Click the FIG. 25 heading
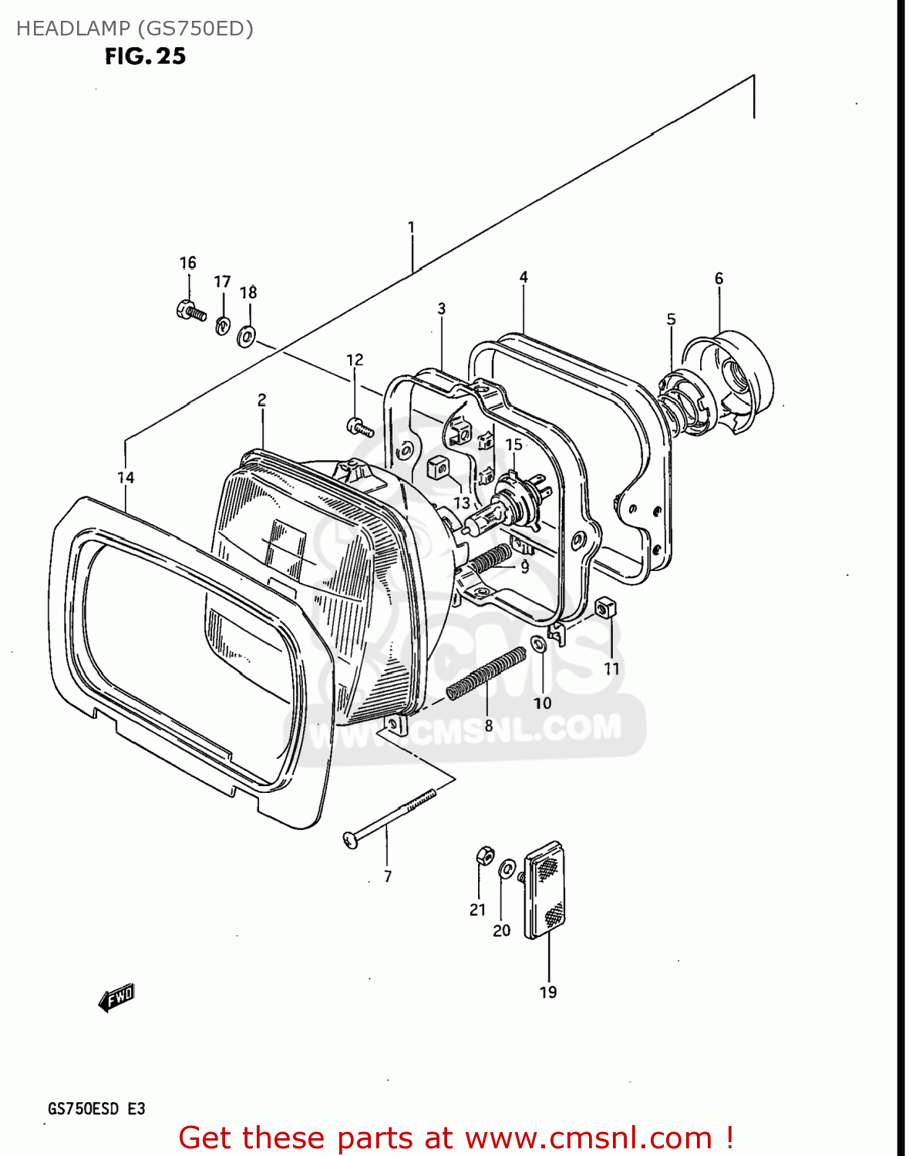click(x=145, y=56)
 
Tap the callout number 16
click(x=188, y=263)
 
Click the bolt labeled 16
click(x=190, y=311)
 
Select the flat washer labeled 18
click(x=247, y=335)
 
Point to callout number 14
click(x=126, y=478)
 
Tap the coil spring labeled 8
click(x=486, y=672)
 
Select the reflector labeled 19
click(x=545, y=890)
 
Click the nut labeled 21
click(x=484, y=855)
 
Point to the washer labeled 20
click(x=507, y=869)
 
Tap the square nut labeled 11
click(x=606, y=608)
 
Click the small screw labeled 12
click(x=359, y=426)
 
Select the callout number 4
click(x=524, y=277)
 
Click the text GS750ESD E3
click(x=96, y=1109)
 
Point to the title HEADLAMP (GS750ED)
click(x=135, y=29)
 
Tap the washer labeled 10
click(x=540, y=643)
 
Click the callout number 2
click(x=262, y=399)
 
